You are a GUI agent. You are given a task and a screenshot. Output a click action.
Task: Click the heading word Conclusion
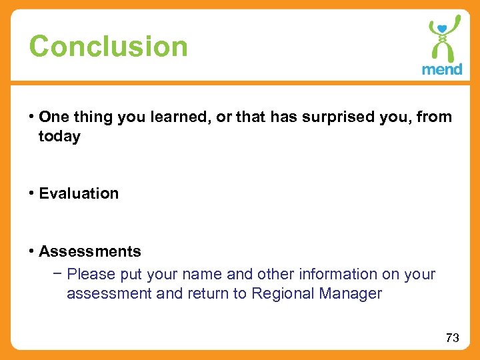pos(109,47)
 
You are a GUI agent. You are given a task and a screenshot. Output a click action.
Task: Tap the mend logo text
pos(441,69)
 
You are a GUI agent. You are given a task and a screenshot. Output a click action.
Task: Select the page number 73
pos(452,338)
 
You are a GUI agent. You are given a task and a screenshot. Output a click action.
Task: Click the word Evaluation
pos(79,193)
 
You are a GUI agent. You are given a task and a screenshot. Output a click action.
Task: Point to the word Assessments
pos(90,251)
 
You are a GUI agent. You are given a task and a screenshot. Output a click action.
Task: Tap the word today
pos(59,137)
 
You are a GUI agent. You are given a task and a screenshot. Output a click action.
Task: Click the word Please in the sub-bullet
pos(89,274)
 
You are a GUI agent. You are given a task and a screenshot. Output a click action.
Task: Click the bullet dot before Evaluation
pos(32,193)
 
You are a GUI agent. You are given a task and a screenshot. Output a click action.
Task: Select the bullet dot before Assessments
pos(32,251)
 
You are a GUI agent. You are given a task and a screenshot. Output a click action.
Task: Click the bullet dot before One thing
pos(32,117)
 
